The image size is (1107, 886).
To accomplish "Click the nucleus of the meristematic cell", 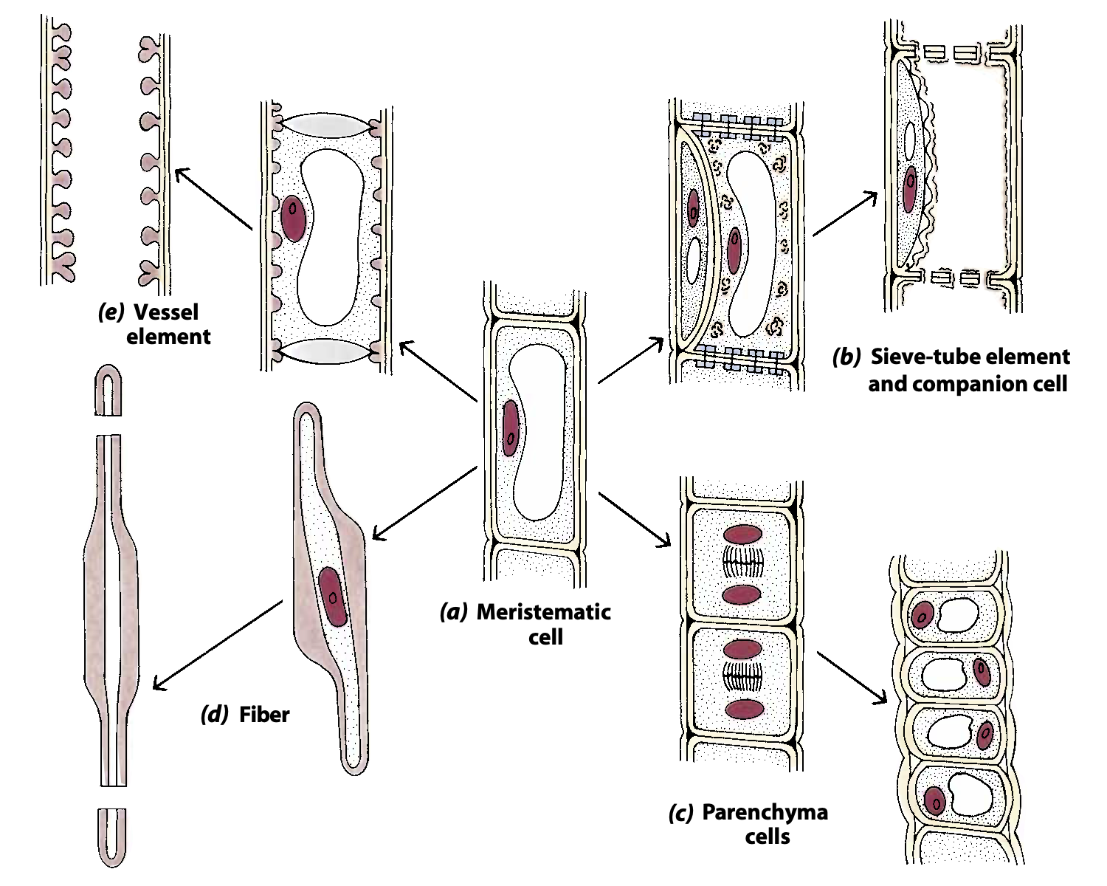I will pyautogui.click(x=510, y=430).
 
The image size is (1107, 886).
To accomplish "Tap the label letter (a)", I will pyautogui.click(x=453, y=612).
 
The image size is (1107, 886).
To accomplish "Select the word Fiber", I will pyautogui.click(x=264, y=715).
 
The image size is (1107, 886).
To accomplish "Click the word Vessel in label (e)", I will pyautogui.click(x=166, y=312).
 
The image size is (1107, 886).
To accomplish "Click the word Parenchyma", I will pyautogui.click(x=765, y=813).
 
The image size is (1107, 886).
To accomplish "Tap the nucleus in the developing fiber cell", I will pyautogui.click(x=333, y=597).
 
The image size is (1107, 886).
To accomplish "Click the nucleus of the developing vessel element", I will pyautogui.click(x=293, y=218).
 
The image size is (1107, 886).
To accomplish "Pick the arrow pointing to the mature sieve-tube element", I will pyautogui.click(x=845, y=214).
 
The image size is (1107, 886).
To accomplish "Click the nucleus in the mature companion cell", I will pyautogui.click(x=910, y=188).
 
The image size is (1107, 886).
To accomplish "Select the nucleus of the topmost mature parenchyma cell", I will pyautogui.click(x=922, y=614).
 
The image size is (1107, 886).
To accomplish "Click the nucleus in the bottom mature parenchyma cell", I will pyautogui.click(x=935, y=800).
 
